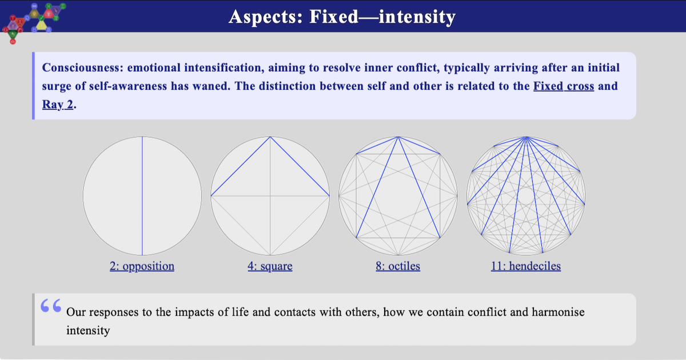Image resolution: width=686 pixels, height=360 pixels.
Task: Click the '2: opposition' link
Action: (142, 266)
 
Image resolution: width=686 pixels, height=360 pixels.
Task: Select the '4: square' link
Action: (270, 266)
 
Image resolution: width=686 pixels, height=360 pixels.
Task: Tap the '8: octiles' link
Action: (398, 266)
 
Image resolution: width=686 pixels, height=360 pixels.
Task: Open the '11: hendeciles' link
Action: (526, 266)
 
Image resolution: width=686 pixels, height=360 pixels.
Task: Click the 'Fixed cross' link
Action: (564, 87)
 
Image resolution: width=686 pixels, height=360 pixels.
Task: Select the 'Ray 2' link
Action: (58, 106)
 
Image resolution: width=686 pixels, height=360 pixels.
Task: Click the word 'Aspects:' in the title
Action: (266, 17)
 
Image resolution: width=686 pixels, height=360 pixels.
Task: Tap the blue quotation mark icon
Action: (51, 306)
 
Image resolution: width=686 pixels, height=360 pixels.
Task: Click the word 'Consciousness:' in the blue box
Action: (83, 68)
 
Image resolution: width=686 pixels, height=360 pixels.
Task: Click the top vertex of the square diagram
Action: (270, 137)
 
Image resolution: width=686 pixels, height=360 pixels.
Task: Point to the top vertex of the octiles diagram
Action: (398, 137)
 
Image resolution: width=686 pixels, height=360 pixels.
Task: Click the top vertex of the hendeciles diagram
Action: (526, 137)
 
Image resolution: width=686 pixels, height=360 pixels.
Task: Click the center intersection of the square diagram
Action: (270, 196)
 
